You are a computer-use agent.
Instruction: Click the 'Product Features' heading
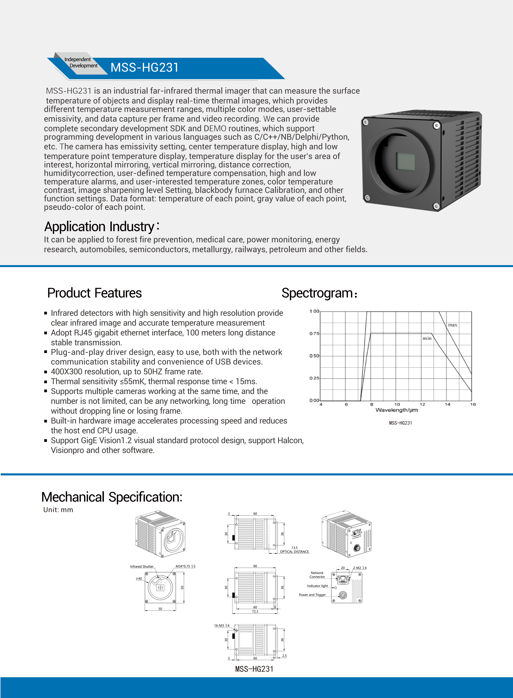(94, 293)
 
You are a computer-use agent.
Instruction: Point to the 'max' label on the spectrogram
(452, 325)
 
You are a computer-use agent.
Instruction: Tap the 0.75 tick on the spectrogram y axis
(314, 333)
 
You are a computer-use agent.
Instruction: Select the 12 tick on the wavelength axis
(422, 404)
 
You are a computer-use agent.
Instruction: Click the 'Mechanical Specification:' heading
(112, 497)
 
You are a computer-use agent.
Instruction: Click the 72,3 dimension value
(255, 611)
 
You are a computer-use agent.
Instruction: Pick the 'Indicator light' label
(317, 586)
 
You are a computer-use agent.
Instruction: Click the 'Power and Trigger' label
(312, 595)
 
